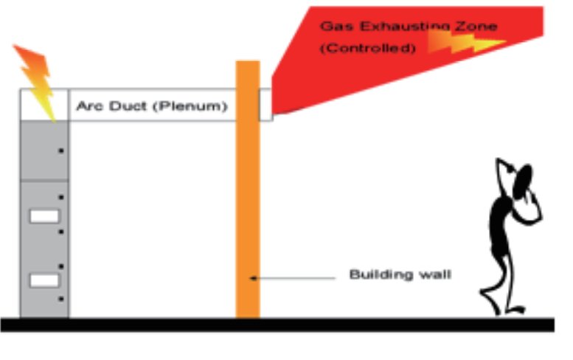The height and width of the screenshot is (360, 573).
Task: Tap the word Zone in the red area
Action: [476, 27]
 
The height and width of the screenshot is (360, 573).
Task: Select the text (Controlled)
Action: [367, 48]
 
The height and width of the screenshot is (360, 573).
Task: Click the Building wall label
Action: [400, 275]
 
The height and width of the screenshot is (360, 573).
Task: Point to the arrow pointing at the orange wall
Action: [295, 277]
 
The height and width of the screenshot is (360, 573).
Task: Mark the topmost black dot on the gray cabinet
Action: [61, 151]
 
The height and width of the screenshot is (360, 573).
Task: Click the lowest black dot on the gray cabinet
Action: [61, 299]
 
